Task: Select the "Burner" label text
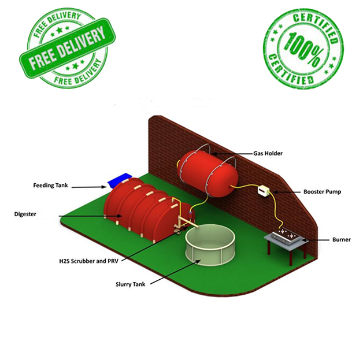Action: click(341, 239)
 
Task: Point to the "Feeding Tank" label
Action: click(51, 186)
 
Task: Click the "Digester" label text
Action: click(25, 214)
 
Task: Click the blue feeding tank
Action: click(120, 179)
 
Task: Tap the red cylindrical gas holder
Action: click(206, 169)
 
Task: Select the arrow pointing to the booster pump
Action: click(286, 191)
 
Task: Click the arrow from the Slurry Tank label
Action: click(173, 272)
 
